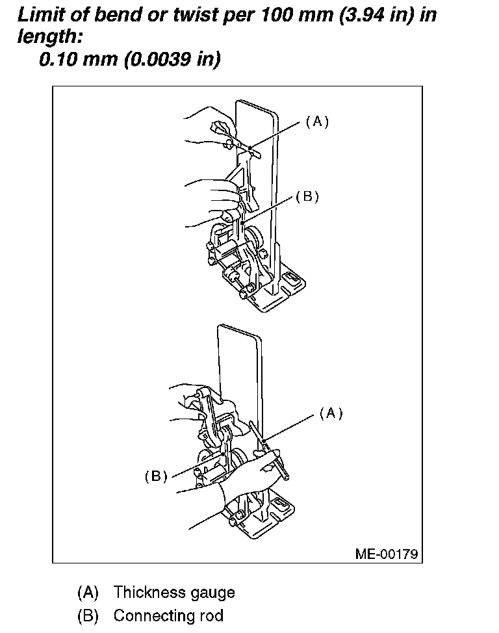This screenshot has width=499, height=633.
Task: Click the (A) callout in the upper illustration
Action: point(317,122)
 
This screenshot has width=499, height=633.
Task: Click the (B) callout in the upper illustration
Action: point(307,197)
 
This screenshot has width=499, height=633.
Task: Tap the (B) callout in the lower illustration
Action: point(156,476)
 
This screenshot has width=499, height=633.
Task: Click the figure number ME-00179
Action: point(386,554)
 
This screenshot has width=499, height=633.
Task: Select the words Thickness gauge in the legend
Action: point(173,592)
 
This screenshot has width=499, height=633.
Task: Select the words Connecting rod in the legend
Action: point(168,615)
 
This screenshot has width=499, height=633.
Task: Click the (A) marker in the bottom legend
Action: point(88,592)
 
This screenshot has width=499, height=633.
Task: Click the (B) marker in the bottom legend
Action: point(88,615)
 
